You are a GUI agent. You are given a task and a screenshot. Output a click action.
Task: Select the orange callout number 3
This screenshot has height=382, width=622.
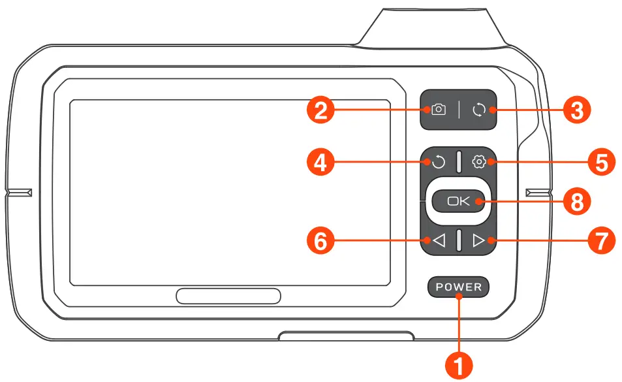pyautogui.click(x=576, y=110)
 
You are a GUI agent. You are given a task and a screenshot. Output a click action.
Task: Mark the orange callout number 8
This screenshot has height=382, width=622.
pyautogui.click(x=576, y=202)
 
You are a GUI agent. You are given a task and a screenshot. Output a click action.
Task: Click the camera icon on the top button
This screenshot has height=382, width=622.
pyautogui.click(x=439, y=110)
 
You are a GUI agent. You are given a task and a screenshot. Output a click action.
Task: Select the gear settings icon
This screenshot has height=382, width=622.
pyautogui.click(x=479, y=161)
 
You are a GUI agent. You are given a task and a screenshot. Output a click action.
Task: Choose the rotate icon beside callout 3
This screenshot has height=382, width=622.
pyautogui.click(x=479, y=110)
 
